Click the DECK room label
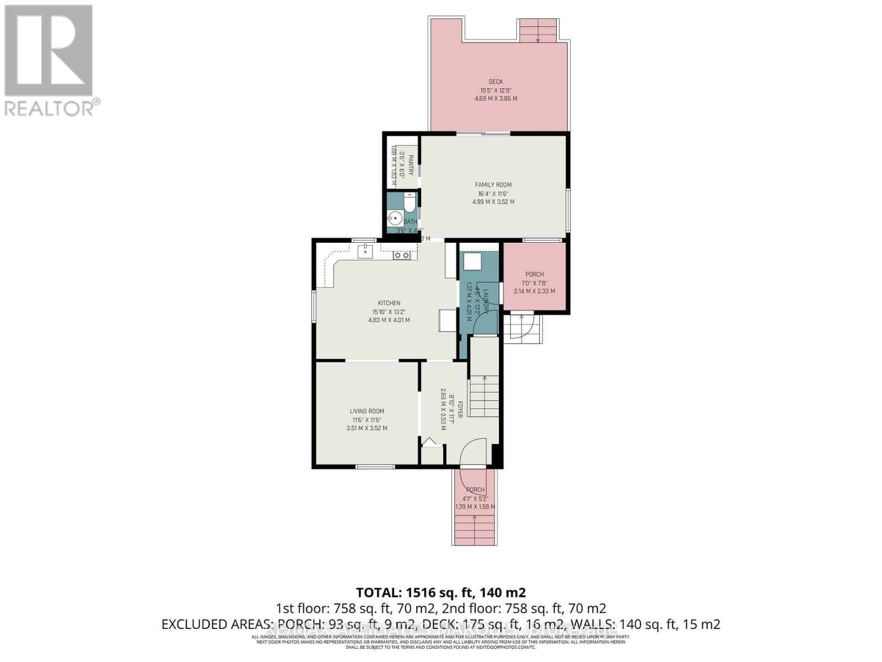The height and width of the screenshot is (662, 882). (x=495, y=82)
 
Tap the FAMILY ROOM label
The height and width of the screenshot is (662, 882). (x=493, y=185)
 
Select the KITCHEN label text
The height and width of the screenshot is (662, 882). (x=389, y=303)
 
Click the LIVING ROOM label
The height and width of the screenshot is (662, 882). (x=367, y=411)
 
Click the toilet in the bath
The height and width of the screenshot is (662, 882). (x=410, y=203)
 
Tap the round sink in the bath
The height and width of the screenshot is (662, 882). (x=395, y=218)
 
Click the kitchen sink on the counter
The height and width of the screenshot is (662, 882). (x=365, y=252)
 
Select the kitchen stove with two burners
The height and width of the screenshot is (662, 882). (x=401, y=255)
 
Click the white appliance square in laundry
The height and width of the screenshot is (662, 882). (x=472, y=261)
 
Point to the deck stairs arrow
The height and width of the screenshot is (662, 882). (x=538, y=31)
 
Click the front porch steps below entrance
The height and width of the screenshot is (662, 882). (x=475, y=530)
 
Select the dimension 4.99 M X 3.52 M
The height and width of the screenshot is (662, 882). (x=493, y=202)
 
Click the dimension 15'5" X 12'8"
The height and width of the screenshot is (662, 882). (x=495, y=90)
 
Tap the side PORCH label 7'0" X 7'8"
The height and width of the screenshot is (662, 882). (x=534, y=282)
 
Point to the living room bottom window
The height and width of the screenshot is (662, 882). (x=375, y=467)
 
